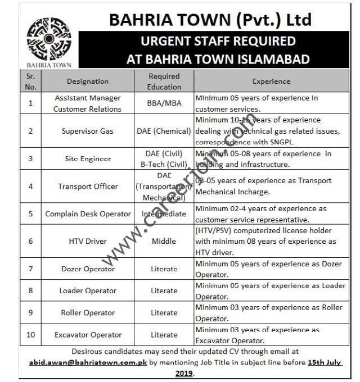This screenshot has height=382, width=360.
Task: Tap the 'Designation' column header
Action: pos(88,81)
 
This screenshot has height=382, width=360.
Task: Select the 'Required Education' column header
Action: pos(164,81)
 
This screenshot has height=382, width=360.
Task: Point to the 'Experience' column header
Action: pos(271,81)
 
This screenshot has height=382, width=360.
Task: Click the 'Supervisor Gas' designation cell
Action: pos(88,131)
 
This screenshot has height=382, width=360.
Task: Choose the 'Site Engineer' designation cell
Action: pos(87,159)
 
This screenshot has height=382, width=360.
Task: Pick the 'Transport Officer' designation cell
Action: pos(88,187)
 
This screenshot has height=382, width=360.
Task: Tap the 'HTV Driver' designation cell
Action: pos(88,240)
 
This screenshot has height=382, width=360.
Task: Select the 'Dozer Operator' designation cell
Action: pos(88,269)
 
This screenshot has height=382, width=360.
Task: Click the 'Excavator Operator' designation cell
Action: pos(88,335)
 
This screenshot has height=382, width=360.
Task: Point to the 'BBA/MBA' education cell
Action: pos(164,103)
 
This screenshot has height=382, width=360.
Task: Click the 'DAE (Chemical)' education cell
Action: pos(164,131)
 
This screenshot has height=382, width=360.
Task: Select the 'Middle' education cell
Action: pos(164,240)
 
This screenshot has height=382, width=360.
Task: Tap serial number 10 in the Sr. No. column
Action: pos(30,335)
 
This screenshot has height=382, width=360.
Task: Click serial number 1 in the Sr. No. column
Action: pos(30,103)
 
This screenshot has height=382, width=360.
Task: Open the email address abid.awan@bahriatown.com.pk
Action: pos(88,363)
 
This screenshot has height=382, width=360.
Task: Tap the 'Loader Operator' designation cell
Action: pos(88,291)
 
